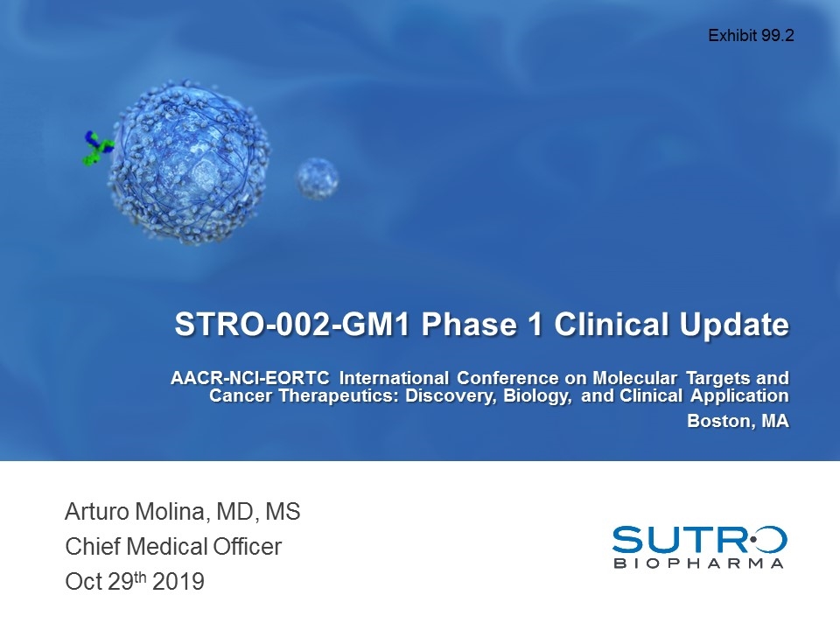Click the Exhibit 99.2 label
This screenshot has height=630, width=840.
tap(751, 36)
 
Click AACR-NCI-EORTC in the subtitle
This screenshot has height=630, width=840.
tap(251, 378)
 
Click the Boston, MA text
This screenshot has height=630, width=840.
tap(738, 421)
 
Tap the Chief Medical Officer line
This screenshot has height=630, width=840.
tap(173, 548)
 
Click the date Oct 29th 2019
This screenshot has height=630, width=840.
tap(135, 581)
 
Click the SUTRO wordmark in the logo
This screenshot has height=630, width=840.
tap(698, 539)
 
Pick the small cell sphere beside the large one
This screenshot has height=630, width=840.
tap(316, 178)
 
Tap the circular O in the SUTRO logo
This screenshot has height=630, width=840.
tap(768, 539)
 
